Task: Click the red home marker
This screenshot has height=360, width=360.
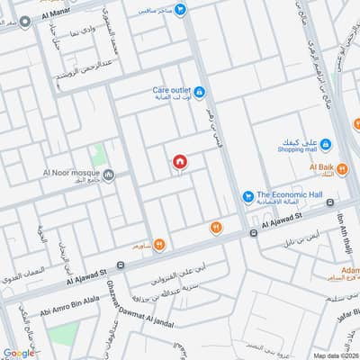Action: click(180, 161)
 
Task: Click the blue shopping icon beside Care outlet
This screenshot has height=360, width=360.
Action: click(199, 92)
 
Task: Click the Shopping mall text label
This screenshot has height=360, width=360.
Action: click(297, 150)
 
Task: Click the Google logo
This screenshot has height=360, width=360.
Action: click(19, 353)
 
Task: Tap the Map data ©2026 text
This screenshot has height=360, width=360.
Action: click(334, 355)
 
